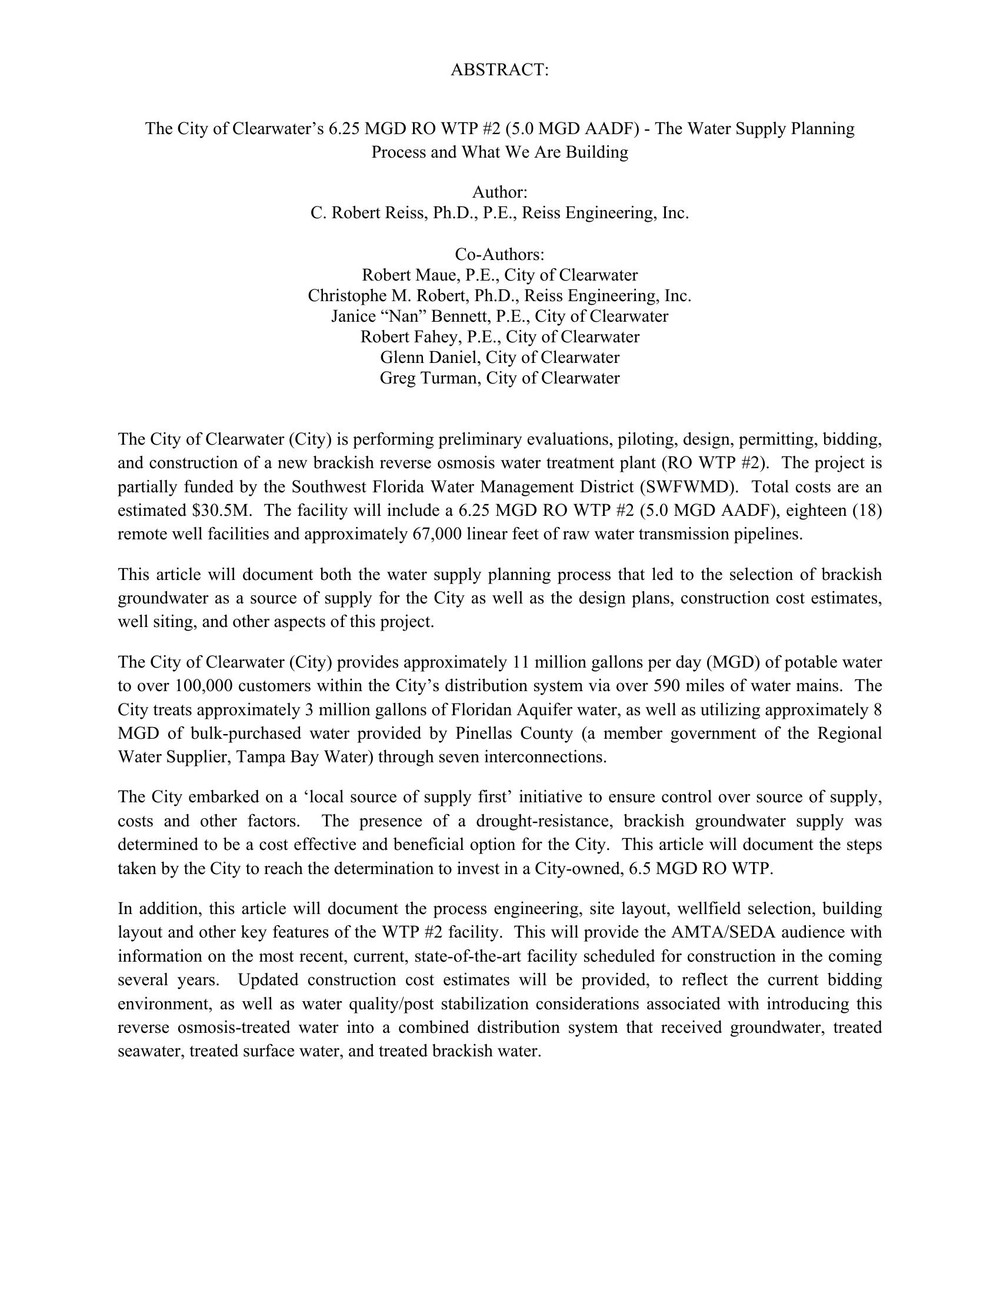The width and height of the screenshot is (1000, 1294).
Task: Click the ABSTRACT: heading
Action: point(499,70)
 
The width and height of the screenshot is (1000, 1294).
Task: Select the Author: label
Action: point(499,192)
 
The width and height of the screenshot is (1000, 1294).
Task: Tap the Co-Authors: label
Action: point(499,254)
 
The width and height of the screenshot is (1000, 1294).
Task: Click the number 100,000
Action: point(201,686)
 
